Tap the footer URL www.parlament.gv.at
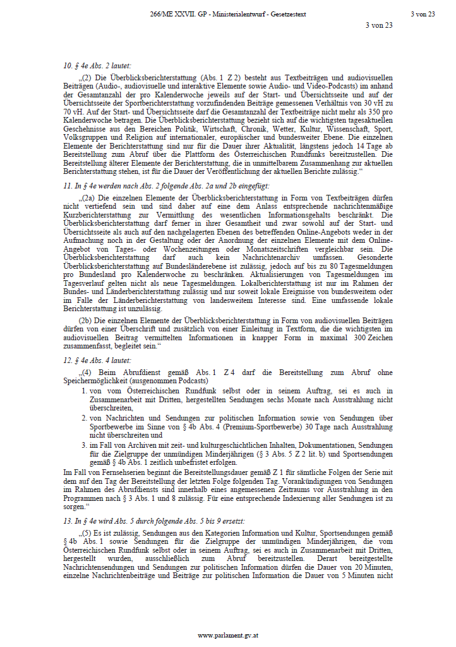pos(227,634)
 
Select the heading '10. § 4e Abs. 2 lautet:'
pos(100,65)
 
